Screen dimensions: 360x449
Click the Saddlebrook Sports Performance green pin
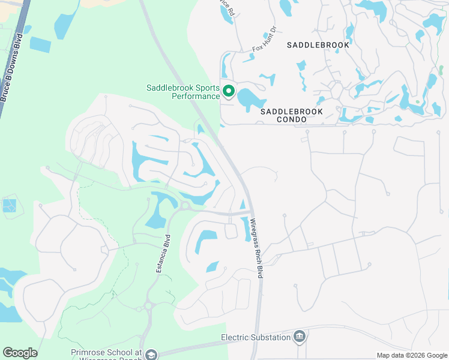point(228,92)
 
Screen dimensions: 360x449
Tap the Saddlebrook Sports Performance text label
point(183,92)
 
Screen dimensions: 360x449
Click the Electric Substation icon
point(300,337)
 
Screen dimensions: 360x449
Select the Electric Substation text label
point(256,338)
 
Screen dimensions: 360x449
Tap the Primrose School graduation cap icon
point(151,355)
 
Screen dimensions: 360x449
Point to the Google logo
point(20,353)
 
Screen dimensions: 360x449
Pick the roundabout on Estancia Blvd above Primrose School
point(149,307)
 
